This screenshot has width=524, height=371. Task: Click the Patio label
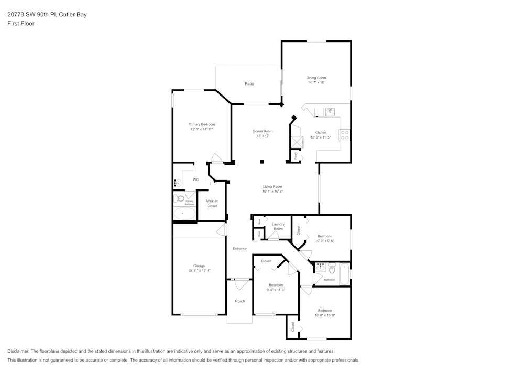click(x=249, y=84)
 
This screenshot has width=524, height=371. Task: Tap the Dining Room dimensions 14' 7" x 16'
click(x=316, y=82)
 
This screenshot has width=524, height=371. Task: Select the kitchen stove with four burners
click(x=345, y=135)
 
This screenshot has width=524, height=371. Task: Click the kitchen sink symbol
click(x=330, y=111)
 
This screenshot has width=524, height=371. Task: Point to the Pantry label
click(x=296, y=156)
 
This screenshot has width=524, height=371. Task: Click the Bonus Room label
click(x=263, y=131)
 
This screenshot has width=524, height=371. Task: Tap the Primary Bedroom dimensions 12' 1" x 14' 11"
click(x=201, y=129)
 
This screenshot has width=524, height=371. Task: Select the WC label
click(x=195, y=179)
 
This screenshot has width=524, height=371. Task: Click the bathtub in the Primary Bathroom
click(x=184, y=214)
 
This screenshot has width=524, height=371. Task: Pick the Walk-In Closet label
click(x=212, y=204)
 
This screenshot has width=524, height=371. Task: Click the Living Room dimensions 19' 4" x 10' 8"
click(x=272, y=192)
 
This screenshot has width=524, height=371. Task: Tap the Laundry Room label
click(x=278, y=227)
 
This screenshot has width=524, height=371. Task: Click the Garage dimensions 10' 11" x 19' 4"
click(x=199, y=271)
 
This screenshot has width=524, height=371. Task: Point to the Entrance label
click(x=239, y=248)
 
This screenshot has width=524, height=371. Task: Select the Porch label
click(x=240, y=301)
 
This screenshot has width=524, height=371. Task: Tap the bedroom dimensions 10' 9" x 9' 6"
click(x=325, y=241)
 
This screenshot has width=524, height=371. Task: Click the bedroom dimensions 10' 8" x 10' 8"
click(x=324, y=315)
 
